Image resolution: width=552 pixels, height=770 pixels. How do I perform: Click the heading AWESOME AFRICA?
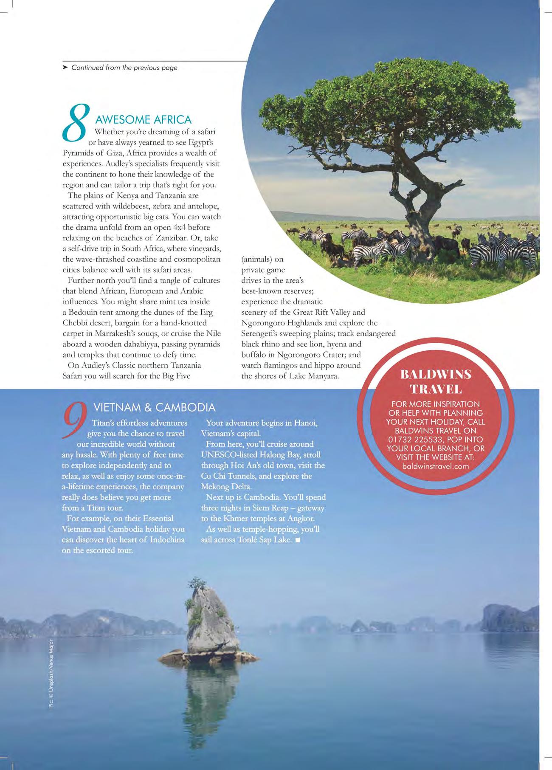point(143,120)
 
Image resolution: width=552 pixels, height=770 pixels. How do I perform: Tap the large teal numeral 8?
point(76,123)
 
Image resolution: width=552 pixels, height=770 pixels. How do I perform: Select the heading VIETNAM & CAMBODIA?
point(154,408)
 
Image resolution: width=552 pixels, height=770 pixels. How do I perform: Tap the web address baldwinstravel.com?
point(435,466)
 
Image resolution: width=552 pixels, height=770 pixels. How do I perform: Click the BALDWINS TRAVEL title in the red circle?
point(436,381)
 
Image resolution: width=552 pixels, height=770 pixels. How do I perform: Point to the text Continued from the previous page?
point(124,68)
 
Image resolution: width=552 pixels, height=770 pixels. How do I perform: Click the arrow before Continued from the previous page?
point(65,67)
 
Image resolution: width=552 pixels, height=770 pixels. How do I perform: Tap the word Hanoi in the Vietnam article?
point(305,423)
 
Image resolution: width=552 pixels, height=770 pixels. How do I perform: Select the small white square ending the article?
point(297,540)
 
